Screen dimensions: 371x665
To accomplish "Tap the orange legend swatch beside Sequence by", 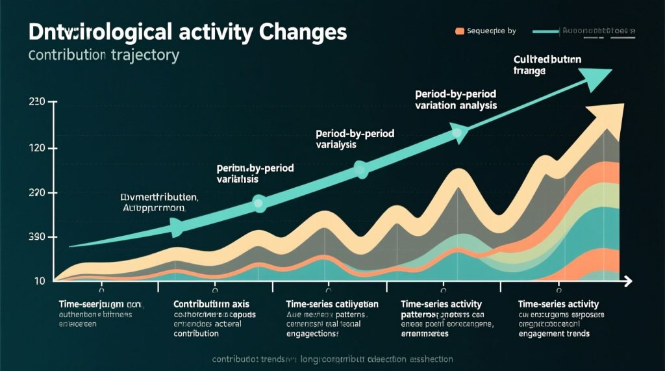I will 460,31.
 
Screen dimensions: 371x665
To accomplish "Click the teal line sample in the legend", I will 546,31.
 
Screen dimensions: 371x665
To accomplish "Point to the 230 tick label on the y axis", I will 36,102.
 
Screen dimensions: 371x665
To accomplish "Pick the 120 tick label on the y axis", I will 36,149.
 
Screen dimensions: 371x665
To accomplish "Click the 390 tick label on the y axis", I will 36,238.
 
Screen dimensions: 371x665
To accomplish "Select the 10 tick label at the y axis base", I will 40,281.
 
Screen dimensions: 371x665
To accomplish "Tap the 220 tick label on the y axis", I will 36,193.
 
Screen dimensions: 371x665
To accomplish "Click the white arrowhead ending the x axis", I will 627,281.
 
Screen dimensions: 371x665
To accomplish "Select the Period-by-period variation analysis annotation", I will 455,99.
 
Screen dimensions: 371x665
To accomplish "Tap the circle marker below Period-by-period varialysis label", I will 361,170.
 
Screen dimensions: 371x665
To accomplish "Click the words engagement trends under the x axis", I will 553,334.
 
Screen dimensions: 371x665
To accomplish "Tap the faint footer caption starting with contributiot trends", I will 332,359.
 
